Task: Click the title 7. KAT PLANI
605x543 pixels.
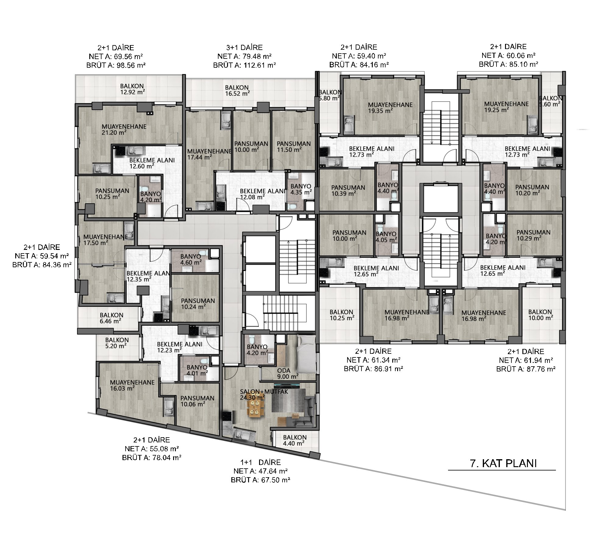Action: point(503,463)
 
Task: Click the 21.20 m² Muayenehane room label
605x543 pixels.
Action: point(124,130)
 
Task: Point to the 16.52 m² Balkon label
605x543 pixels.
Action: point(237,90)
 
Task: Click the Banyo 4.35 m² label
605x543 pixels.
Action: point(301,189)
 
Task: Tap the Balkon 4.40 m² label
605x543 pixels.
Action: point(295,440)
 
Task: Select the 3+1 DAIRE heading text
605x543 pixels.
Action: point(244,48)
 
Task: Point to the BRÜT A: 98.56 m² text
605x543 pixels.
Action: point(116,65)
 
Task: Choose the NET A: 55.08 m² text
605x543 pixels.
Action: point(151,449)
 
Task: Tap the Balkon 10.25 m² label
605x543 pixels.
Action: point(342,315)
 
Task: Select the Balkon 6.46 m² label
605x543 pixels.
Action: point(111,318)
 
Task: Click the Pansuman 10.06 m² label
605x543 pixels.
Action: point(197,401)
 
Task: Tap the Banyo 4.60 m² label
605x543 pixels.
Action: point(191,259)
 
